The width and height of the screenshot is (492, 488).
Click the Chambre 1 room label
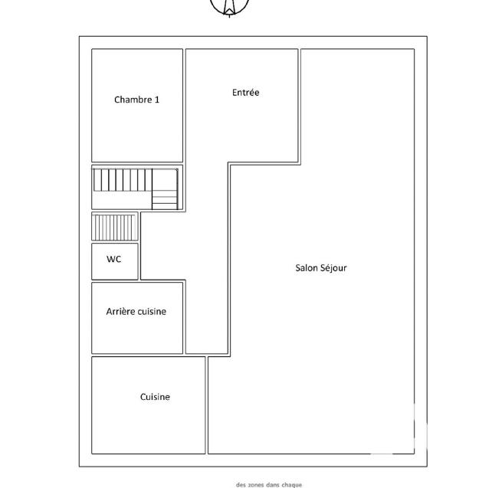coord(137,100)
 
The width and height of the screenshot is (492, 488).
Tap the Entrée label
coord(246,93)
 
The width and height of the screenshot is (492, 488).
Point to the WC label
coord(113,259)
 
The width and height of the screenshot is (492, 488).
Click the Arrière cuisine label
coord(136,311)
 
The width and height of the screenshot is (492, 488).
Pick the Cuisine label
coord(155,397)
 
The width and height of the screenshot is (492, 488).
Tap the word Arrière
coord(121,311)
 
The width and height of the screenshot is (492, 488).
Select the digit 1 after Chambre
coord(157,100)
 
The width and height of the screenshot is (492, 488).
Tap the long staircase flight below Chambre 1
coord(123,180)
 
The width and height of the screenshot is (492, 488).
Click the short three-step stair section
coord(165,199)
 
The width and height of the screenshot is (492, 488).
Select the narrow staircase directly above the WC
coord(114,227)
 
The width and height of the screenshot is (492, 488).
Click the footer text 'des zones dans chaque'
coord(269,484)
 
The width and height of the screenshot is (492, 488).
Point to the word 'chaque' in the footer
coord(291,484)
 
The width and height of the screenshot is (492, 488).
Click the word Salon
coord(307,268)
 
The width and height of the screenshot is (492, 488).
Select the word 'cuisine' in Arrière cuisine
coord(152,311)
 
